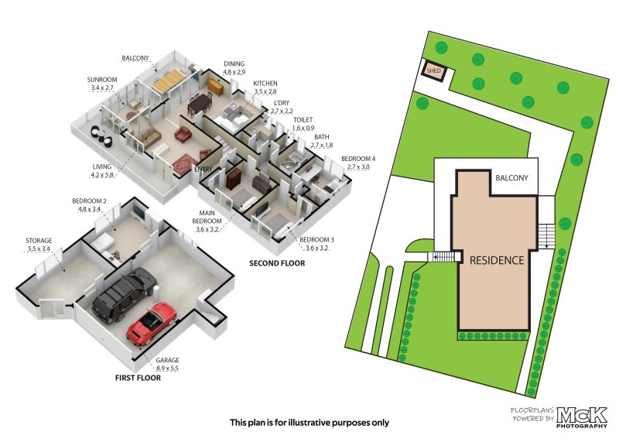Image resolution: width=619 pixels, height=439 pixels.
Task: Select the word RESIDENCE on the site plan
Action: [x=497, y=260]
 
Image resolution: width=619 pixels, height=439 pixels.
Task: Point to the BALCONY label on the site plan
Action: [x=511, y=178]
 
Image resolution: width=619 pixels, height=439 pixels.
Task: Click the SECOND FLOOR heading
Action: [x=276, y=263]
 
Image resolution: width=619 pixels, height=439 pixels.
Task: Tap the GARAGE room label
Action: [x=167, y=360]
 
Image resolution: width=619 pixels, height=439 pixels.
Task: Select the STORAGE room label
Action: [x=38, y=241]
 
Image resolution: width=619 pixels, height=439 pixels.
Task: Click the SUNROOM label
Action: [x=101, y=80]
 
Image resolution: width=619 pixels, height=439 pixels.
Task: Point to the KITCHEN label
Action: [x=265, y=84]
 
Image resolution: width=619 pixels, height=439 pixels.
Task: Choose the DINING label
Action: [x=234, y=65]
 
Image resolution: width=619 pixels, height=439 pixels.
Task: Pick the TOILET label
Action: [x=303, y=120]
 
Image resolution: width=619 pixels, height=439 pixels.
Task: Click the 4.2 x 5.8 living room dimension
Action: [x=101, y=176]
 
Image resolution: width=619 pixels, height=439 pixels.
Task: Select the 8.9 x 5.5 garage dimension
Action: [x=167, y=369]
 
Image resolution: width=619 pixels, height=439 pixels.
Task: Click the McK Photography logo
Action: [x=583, y=416]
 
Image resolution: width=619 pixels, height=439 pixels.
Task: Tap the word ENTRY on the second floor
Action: [x=203, y=170]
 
